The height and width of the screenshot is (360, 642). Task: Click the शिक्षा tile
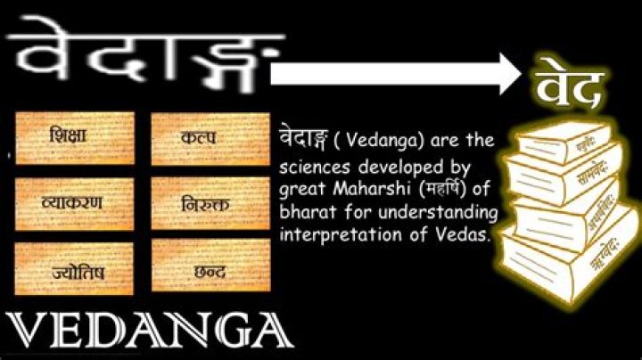[x=75, y=138]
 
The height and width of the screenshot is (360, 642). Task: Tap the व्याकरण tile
[x=75, y=202]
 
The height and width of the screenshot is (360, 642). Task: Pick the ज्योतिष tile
[x=75, y=268]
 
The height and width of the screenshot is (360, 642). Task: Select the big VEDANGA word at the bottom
[x=147, y=331]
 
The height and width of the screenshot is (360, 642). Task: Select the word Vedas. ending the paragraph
[x=467, y=234]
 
